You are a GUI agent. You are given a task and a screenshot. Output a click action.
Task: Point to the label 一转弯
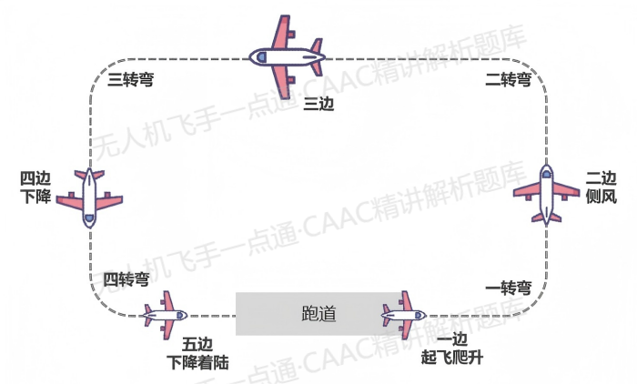[x=510, y=288]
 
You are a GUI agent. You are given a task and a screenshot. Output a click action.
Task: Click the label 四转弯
[x=126, y=278]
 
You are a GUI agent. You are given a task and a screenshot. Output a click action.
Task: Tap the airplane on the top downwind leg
[x=287, y=56]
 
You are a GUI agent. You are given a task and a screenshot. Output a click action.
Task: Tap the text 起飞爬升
[x=450, y=359]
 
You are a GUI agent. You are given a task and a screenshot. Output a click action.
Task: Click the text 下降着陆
[x=197, y=361]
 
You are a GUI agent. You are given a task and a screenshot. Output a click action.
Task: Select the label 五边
[x=197, y=344]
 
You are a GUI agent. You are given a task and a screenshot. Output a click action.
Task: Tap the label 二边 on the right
[x=602, y=177]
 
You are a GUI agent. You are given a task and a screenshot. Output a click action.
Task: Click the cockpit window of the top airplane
[x=261, y=56]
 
